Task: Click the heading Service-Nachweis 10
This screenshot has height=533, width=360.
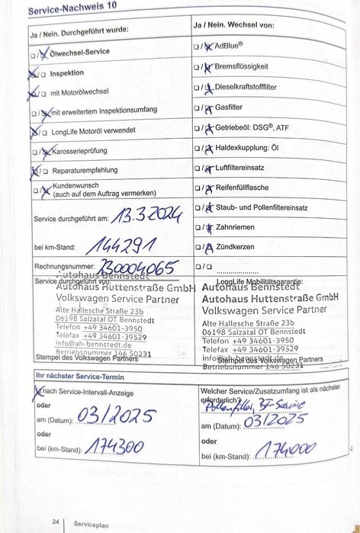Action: point(72,9)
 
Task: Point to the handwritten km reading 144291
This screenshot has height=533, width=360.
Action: point(121,245)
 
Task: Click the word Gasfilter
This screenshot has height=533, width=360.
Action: point(229,108)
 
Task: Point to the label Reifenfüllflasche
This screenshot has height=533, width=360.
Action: point(242,187)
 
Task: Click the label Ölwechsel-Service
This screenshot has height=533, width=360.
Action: point(79,52)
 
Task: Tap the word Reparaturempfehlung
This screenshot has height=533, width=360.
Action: point(84,170)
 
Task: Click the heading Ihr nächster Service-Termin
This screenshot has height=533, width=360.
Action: point(79,377)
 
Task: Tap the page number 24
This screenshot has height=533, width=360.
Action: point(56,522)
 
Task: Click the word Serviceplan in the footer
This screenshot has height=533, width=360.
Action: point(91,524)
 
